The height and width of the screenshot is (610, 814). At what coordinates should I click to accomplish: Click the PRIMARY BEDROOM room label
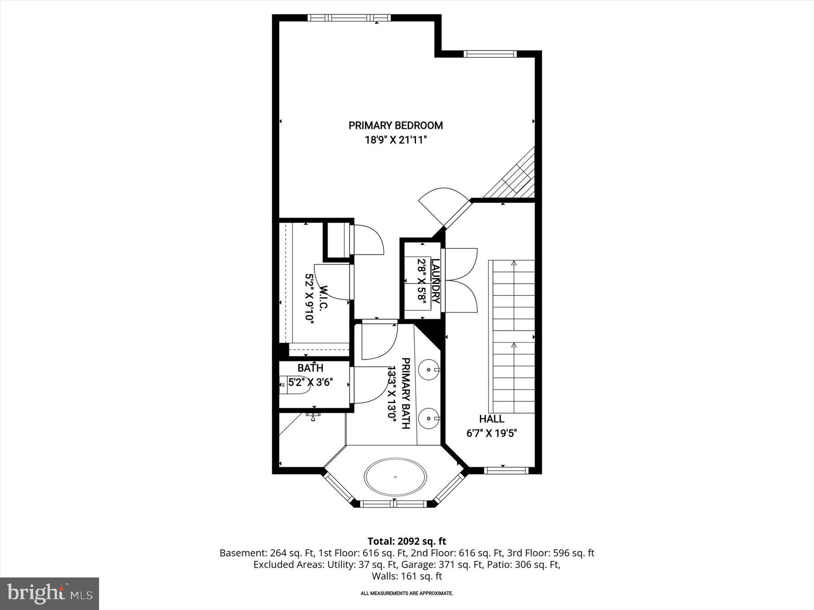click(395, 126)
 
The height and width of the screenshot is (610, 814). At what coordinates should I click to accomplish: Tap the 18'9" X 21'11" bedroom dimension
click(396, 140)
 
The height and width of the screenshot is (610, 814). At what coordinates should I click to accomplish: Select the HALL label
click(492, 419)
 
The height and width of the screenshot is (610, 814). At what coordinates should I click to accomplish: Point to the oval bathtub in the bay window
click(395, 477)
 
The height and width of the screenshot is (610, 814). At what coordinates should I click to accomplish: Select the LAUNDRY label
click(435, 281)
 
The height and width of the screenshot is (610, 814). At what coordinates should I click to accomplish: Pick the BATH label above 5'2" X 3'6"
click(310, 368)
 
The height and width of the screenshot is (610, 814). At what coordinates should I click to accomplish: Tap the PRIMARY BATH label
click(406, 393)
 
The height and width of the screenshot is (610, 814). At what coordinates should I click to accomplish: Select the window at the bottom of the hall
click(506, 470)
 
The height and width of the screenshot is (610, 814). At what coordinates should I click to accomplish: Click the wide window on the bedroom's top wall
click(348, 18)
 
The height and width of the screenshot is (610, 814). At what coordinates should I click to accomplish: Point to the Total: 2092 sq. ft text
click(407, 541)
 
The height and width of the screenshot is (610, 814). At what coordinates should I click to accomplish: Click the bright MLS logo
click(49, 593)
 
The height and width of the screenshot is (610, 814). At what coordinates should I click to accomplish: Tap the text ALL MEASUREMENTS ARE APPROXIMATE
click(407, 593)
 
